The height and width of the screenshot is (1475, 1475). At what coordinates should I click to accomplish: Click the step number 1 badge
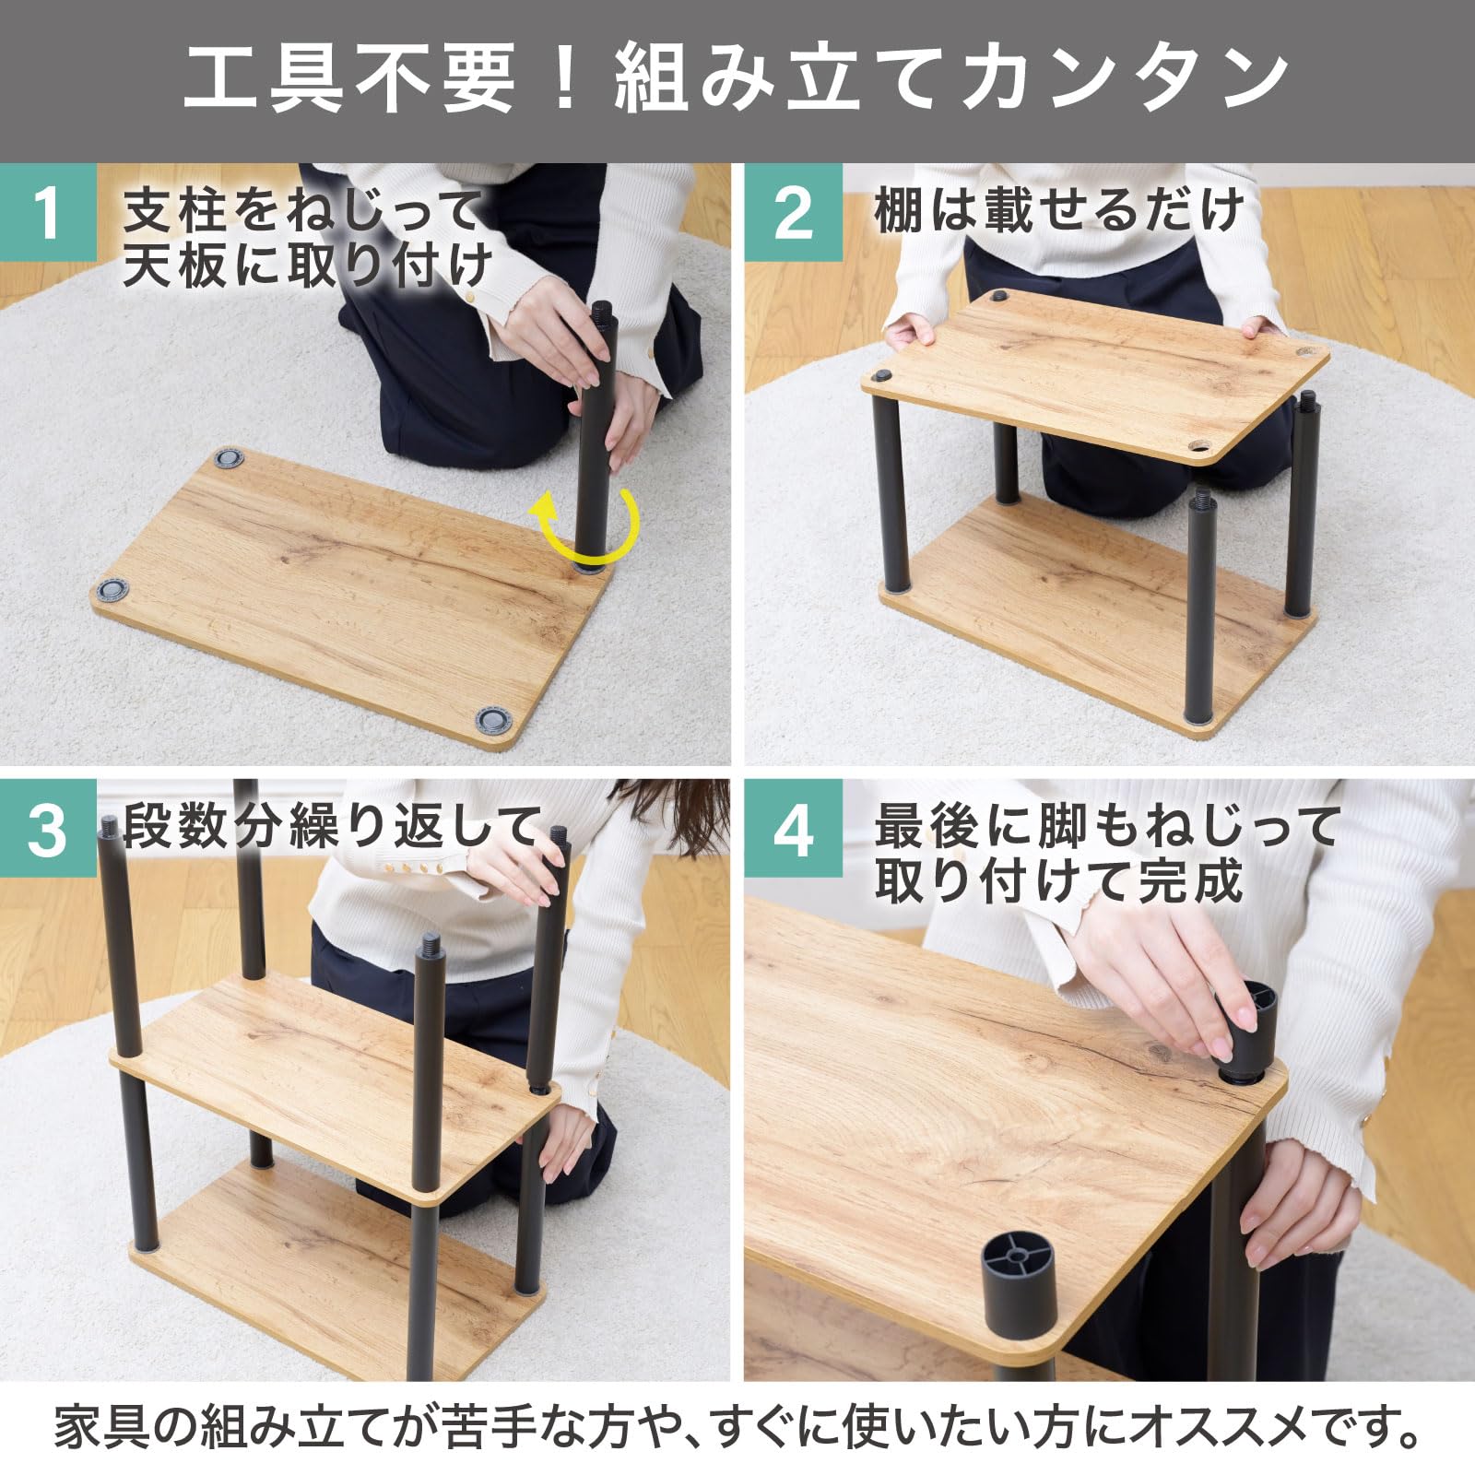48,213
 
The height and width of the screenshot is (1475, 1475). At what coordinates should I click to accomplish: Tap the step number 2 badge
793,213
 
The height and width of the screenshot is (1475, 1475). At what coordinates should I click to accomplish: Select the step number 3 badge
48,828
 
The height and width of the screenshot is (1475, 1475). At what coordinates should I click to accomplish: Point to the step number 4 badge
793,828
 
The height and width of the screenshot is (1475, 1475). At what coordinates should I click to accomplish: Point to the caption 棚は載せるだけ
1060,211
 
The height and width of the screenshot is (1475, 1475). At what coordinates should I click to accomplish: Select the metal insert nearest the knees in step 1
229,458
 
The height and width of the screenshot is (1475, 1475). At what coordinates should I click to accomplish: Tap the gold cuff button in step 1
470,297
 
